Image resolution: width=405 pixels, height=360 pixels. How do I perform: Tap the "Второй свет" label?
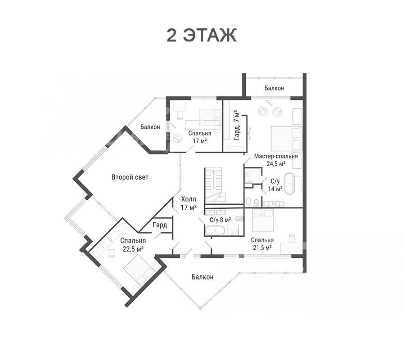[x=130, y=177]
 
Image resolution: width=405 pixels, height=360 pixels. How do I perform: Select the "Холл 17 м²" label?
[x=189, y=203]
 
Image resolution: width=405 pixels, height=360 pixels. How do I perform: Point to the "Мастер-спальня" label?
[x=276, y=156]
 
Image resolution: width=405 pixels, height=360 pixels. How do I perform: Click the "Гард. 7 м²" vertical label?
[x=236, y=125]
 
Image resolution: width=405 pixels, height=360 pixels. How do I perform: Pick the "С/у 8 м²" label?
[x=220, y=220]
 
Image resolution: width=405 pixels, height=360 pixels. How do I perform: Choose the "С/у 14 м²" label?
[x=275, y=185]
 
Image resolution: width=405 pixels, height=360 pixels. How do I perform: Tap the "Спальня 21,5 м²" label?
[x=262, y=243]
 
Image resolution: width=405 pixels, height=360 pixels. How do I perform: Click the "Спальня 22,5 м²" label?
[x=133, y=244]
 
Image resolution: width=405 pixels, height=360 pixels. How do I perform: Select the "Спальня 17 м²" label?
[x=200, y=137]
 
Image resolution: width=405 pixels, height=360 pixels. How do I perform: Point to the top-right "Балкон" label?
[x=274, y=88]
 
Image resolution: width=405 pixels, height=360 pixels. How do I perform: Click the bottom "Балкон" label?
[x=202, y=277]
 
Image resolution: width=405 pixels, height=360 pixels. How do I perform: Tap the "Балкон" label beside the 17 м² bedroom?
[x=150, y=127]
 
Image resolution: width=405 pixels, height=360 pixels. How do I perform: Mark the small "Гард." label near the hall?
[x=161, y=225]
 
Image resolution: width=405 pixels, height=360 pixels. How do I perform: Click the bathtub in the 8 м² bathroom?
[x=216, y=230]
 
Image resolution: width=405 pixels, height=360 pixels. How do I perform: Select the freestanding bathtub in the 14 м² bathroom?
[x=290, y=183]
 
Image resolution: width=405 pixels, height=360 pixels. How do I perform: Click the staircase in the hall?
[x=214, y=186]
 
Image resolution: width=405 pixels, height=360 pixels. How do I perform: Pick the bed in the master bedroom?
[x=286, y=139]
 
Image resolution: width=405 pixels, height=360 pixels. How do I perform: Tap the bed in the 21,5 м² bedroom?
[x=263, y=220]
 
